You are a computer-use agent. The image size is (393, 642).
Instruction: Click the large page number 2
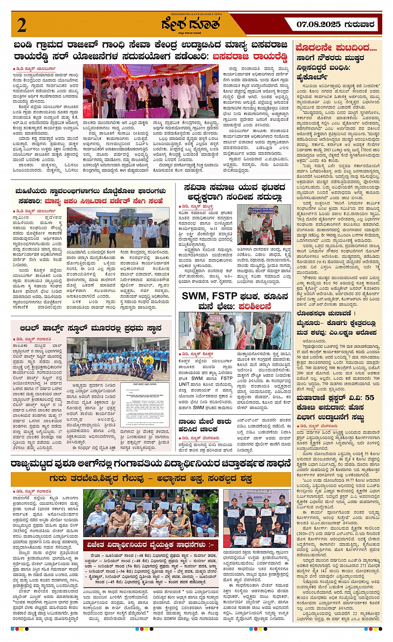point(22,25)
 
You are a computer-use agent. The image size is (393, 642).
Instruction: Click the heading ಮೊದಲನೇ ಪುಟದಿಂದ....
point(336,47)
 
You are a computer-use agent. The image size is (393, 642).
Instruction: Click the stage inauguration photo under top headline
point(151,91)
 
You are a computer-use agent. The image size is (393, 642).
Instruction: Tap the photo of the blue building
point(118,228)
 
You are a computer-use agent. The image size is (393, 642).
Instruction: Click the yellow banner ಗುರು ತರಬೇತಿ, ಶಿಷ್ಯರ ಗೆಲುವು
point(151,479)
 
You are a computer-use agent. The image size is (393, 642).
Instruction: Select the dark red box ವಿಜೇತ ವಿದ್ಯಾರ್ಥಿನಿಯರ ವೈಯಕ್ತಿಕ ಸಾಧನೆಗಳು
point(151,545)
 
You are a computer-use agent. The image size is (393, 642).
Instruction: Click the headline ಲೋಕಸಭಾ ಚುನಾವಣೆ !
point(326,313)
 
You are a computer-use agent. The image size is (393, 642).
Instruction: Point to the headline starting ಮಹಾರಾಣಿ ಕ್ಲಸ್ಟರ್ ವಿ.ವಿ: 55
point(335,398)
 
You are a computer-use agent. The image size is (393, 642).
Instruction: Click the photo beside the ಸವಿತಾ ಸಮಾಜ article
point(264,224)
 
